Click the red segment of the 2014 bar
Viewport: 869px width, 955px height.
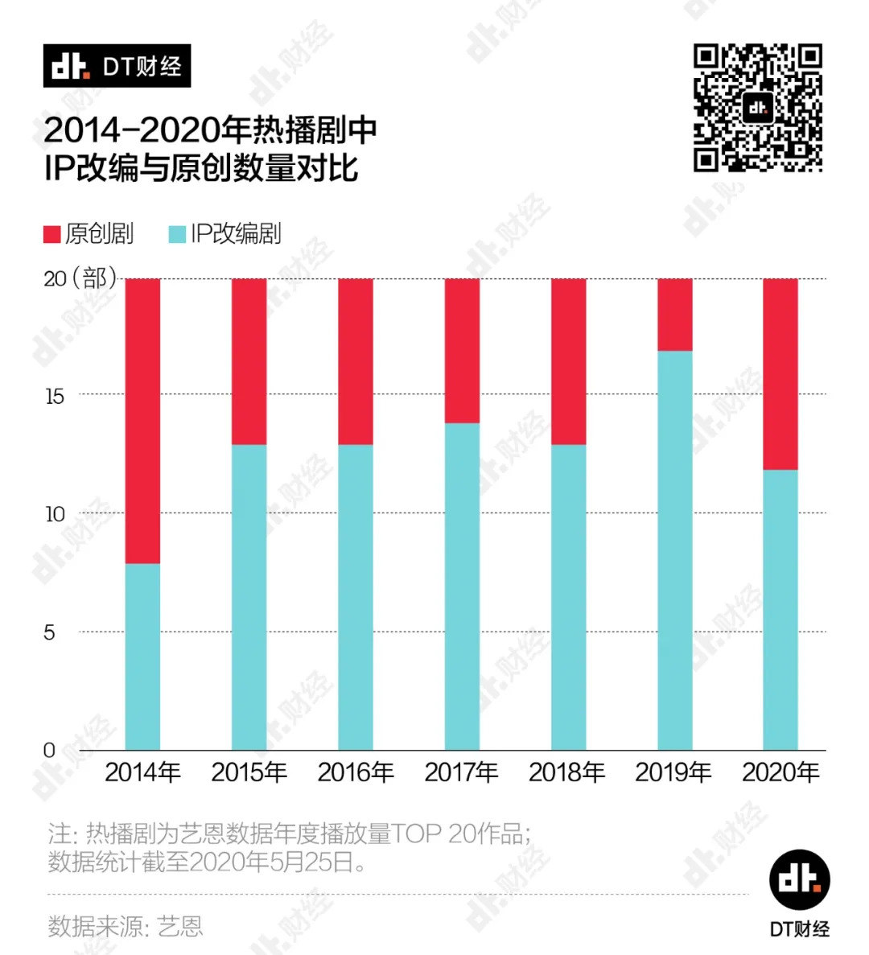pos(142,421)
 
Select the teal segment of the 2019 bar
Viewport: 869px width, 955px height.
pos(674,550)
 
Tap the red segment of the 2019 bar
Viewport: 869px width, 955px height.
pos(674,315)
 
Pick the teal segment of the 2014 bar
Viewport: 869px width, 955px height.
pos(142,657)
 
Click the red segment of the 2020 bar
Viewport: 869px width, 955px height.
pos(780,374)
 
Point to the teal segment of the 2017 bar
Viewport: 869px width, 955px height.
pos(462,587)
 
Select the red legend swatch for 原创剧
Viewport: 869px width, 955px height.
pos(52,234)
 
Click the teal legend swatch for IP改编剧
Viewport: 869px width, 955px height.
pos(177,234)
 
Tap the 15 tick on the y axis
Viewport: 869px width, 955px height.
pos(55,396)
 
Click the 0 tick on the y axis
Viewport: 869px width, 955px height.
pos(50,751)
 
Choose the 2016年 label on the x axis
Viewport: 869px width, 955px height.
pos(356,772)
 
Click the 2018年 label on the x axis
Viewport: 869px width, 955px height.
pos(567,772)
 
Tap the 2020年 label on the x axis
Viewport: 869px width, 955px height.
pos(780,772)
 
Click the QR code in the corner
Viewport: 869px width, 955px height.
pos(757,108)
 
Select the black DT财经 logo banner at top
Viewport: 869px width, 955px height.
pos(117,66)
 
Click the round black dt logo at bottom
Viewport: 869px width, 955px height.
pos(799,879)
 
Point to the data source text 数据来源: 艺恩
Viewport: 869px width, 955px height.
pos(125,926)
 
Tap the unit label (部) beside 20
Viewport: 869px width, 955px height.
pos(95,278)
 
